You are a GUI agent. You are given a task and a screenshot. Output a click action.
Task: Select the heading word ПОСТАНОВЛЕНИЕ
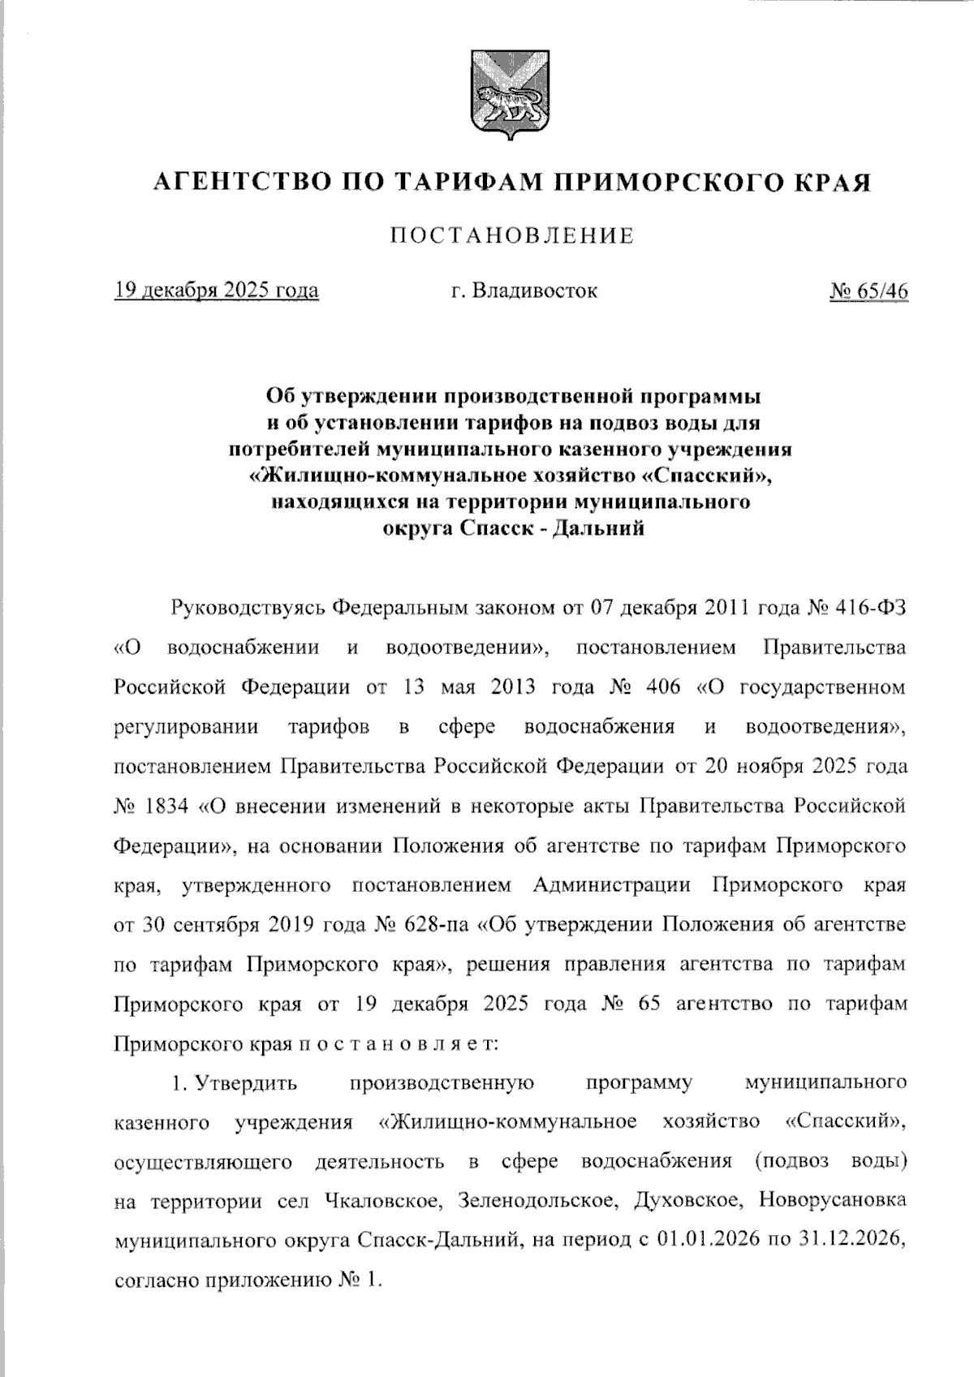pyautogui.click(x=512, y=236)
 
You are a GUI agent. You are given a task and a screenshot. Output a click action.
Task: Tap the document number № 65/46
pyautogui.click(x=868, y=290)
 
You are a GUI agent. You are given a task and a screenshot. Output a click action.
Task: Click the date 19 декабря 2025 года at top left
pyautogui.click(x=217, y=290)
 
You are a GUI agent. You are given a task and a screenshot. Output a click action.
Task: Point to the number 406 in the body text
pyautogui.click(x=664, y=687)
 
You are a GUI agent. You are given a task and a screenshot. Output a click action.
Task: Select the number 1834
pyautogui.click(x=168, y=807)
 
